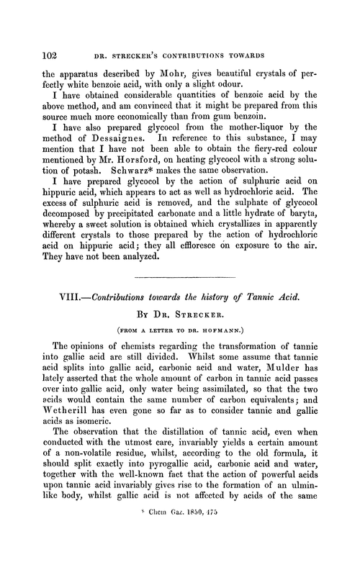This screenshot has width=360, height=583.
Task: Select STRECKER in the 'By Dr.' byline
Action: (199, 335)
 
